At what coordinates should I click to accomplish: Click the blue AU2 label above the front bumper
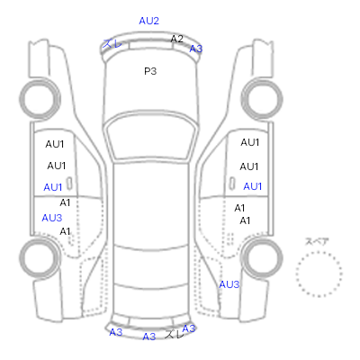(148, 21)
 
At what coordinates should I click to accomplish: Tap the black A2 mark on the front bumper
(176, 39)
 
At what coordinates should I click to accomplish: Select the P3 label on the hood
(150, 71)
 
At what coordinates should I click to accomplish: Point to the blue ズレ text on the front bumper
(112, 44)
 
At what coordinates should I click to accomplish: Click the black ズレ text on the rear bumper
(174, 334)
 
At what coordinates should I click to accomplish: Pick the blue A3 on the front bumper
(196, 49)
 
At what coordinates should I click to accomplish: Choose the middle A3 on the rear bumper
(149, 337)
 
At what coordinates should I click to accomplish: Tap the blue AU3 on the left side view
(52, 218)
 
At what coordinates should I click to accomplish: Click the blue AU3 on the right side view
(229, 284)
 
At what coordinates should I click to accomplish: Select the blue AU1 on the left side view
(53, 187)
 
